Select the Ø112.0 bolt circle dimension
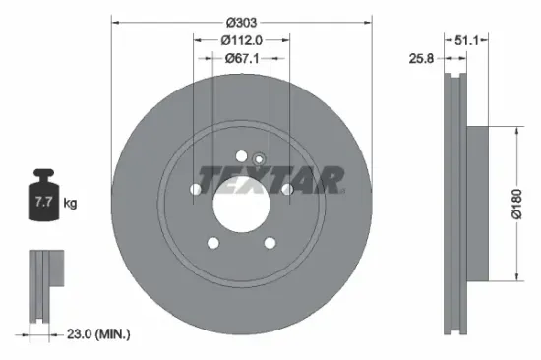[x=242, y=40]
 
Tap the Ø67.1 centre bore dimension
[x=242, y=59]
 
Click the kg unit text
[x=70, y=204]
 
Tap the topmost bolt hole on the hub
[x=242, y=154]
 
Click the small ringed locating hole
[x=259, y=158]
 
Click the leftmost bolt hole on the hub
[x=195, y=189]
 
